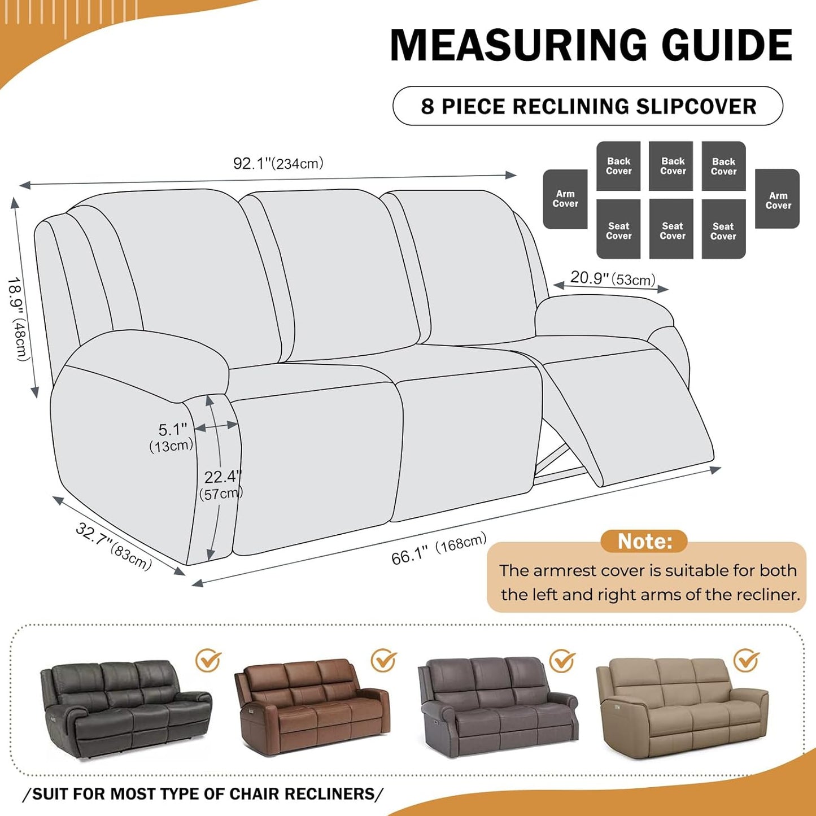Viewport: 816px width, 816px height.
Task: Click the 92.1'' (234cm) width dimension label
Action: click(x=278, y=164)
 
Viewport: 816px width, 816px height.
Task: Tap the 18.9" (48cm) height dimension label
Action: click(x=18, y=319)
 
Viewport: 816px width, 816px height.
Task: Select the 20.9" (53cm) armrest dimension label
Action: click(x=613, y=278)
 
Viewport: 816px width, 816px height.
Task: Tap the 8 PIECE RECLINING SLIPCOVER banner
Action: click(x=588, y=106)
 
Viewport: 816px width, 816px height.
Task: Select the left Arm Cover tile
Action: click(x=565, y=199)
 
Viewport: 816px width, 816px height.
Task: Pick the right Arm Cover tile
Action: click(x=778, y=199)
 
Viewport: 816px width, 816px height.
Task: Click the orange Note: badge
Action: click(x=644, y=541)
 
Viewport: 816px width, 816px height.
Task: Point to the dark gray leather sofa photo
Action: click(x=125, y=708)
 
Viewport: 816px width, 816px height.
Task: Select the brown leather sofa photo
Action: click(x=312, y=706)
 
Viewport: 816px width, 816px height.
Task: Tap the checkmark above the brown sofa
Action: click(x=383, y=660)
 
